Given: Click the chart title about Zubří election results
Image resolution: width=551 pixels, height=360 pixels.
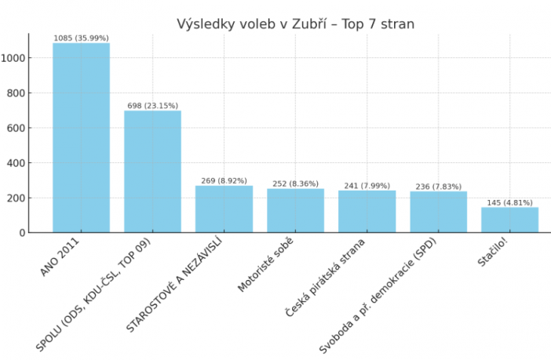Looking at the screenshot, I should coord(295,24).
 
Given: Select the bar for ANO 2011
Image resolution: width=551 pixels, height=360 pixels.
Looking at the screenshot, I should coord(81,137).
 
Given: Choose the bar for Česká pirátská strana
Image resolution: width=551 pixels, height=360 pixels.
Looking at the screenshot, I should coord(367,211).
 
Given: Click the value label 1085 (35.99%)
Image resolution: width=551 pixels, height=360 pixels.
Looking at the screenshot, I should coord(81,38).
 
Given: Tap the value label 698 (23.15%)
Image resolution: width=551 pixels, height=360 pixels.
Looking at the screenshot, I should coord(152,105).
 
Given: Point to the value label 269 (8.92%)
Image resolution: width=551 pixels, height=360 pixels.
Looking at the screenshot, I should coord(224,180).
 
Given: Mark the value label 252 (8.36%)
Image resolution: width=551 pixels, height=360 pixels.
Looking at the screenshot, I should coord(295,184).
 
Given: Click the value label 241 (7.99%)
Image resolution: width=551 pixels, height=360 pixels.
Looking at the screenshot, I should coord(367,185).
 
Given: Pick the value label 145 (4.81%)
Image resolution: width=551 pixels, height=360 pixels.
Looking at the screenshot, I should coord(509,202).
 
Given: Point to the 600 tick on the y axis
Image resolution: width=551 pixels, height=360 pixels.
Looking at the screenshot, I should coord(16,128).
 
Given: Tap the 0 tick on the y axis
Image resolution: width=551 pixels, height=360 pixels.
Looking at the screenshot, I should coord(23,233).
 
